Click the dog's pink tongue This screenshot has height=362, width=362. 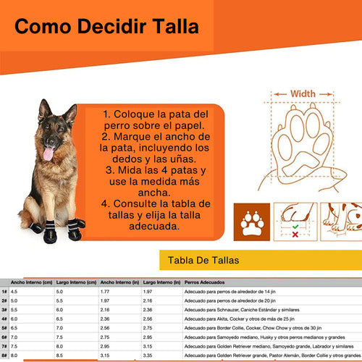coord(48,153)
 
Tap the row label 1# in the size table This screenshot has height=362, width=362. coord(5,291)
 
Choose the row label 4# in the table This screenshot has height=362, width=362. coord(5,318)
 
